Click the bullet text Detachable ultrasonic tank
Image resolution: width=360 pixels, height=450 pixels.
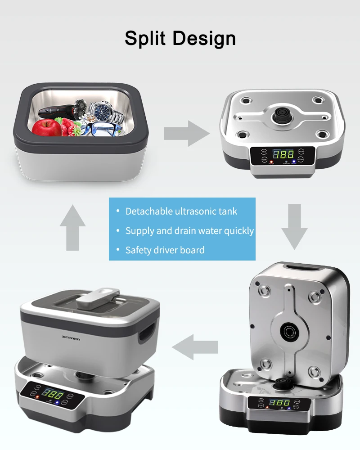pyautogui.click(x=181, y=211)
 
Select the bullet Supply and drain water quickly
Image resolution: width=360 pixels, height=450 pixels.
pyautogui.click(x=189, y=231)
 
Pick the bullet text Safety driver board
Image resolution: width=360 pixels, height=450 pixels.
pyautogui.click(x=165, y=250)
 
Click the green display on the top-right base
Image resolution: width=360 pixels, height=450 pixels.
pyautogui.click(x=283, y=154)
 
